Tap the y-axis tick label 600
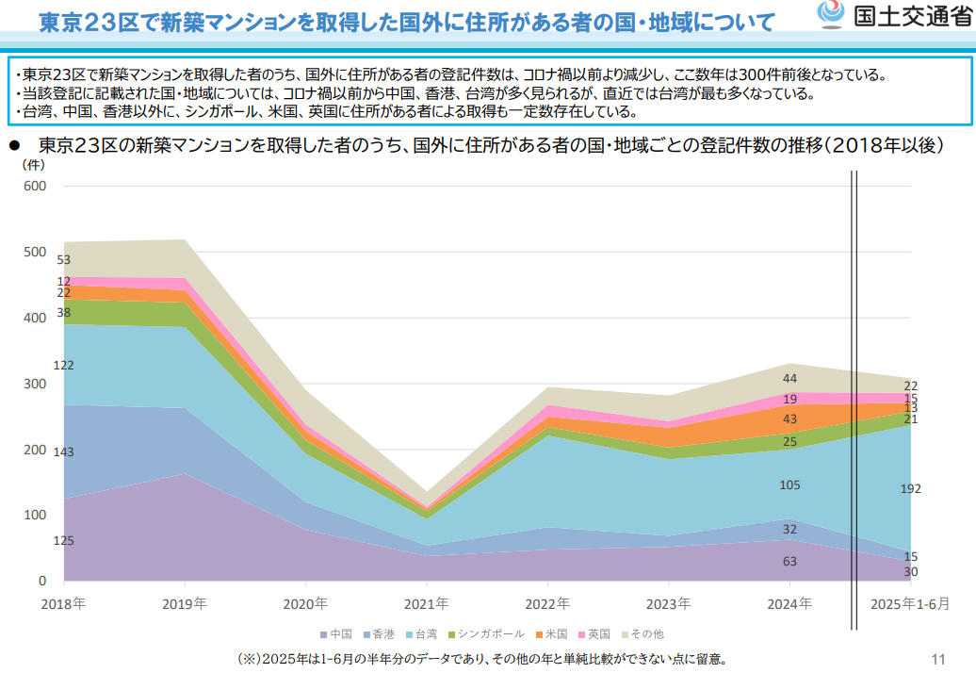36,186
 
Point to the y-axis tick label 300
36,384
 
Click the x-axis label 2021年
427,603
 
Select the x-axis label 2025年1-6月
910,603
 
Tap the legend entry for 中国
336,634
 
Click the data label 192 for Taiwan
910,488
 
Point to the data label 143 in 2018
64,452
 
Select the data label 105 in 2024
789,485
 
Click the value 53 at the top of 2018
64,260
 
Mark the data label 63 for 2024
789,561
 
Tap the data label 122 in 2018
64,365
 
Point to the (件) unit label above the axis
34,163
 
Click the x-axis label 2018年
63,603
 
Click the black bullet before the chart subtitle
14,145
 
